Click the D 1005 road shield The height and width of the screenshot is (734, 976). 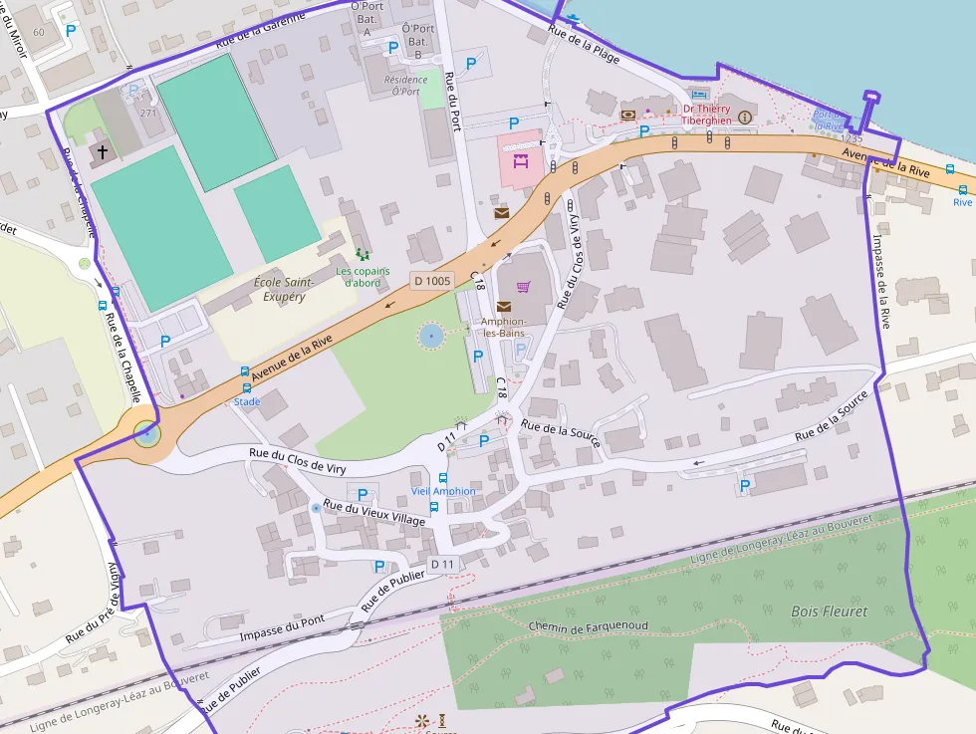click(432, 281)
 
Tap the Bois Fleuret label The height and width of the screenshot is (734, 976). click(829, 611)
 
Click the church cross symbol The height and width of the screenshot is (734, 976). click(103, 151)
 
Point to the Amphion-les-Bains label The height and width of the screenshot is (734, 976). click(504, 327)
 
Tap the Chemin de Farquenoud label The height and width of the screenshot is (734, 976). click(589, 626)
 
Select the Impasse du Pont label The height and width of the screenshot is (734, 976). click(282, 628)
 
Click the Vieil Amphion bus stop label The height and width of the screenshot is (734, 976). click(443, 491)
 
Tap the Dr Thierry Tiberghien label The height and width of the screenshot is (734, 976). click(706, 115)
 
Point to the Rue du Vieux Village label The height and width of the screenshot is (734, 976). click(373, 514)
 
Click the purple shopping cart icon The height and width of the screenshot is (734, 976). click(524, 287)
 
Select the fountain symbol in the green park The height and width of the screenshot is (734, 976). click(431, 337)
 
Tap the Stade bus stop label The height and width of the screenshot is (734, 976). click(247, 401)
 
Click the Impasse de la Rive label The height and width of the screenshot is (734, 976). click(882, 282)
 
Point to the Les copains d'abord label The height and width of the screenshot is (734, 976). click(363, 277)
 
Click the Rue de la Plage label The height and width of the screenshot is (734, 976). click(584, 45)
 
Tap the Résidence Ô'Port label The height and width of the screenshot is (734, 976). click(405, 86)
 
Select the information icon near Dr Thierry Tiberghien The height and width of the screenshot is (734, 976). click(744, 116)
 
